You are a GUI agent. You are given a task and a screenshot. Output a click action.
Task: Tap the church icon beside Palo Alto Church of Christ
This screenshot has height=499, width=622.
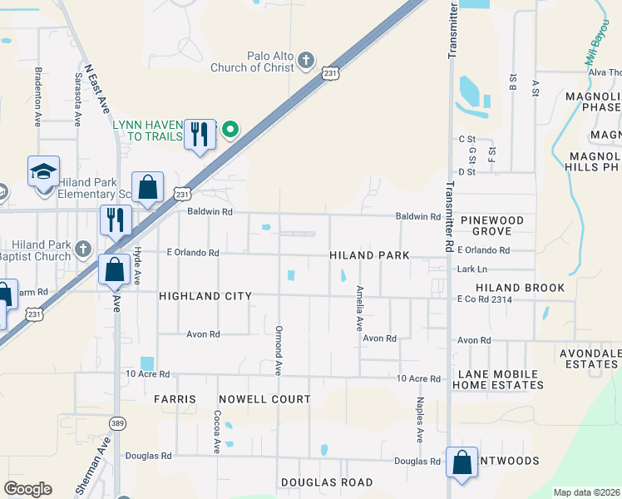pos(306,60)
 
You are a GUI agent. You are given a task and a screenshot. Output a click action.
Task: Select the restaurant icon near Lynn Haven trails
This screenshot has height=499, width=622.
pos(200,134)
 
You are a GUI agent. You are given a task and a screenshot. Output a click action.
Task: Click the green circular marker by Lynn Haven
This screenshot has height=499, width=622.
pos(231,130)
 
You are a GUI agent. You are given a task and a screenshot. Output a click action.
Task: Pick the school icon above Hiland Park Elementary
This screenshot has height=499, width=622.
pos(43,171)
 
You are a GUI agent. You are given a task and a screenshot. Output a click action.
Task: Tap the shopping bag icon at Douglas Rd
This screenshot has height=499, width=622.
pos(462,463)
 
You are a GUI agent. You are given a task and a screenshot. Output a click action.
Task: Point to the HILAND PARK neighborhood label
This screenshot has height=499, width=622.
pos(369,255)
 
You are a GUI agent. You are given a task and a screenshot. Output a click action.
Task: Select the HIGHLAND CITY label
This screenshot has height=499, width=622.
pos(205,295)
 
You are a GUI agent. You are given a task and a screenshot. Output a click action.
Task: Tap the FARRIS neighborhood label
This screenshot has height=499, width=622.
pos(175,399)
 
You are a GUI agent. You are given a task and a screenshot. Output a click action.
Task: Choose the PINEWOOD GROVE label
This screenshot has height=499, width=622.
pos(492,225)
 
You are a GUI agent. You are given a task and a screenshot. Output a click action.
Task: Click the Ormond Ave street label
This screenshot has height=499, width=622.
pos(279,349)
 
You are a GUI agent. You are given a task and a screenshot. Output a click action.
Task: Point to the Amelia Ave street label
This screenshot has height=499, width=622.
pos(359,308)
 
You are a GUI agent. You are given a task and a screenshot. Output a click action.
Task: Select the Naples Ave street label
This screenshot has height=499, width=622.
pos(420,419)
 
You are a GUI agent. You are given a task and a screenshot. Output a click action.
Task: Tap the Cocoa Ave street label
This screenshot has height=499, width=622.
pos(216,431)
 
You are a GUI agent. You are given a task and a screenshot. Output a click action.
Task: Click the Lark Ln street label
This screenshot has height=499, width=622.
pos(471,269)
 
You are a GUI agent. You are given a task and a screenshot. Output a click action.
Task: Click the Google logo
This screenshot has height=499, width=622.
pos(28,489)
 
